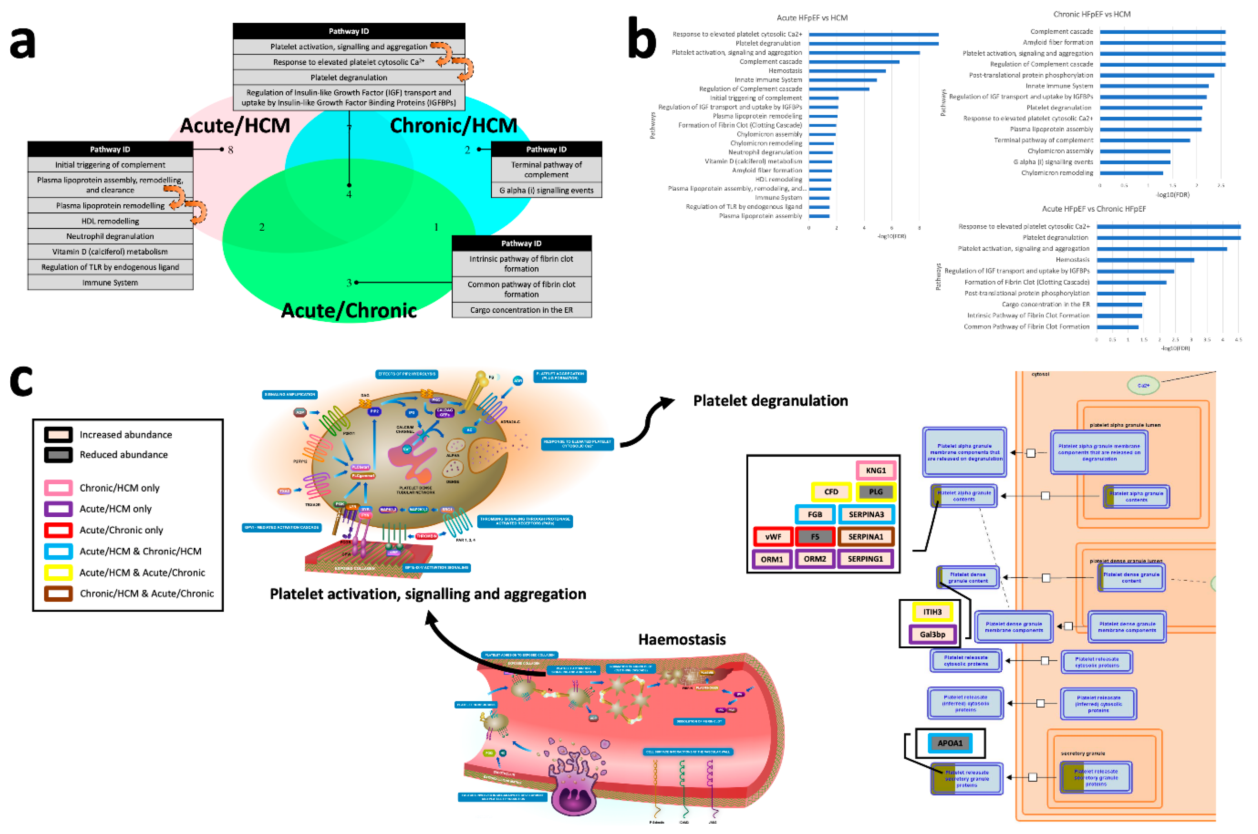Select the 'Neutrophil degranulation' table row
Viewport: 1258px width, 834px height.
pyautogui.click(x=110, y=236)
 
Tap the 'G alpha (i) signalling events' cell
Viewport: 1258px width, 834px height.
pyautogui.click(x=546, y=190)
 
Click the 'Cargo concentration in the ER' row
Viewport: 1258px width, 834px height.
pyautogui.click(x=521, y=310)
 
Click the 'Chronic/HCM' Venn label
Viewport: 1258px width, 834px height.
pyautogui.click(x=453, y=125)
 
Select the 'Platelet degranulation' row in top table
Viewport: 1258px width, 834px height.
pyautogui.click(x=349, y=78)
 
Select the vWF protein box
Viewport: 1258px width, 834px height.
pyautogui.click(x=773, y=537)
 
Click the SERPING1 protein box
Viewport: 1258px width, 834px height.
pyautogui.click(x=865, y=559)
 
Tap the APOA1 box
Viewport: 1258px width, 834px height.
pyautogui.click(x=950, y=743)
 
